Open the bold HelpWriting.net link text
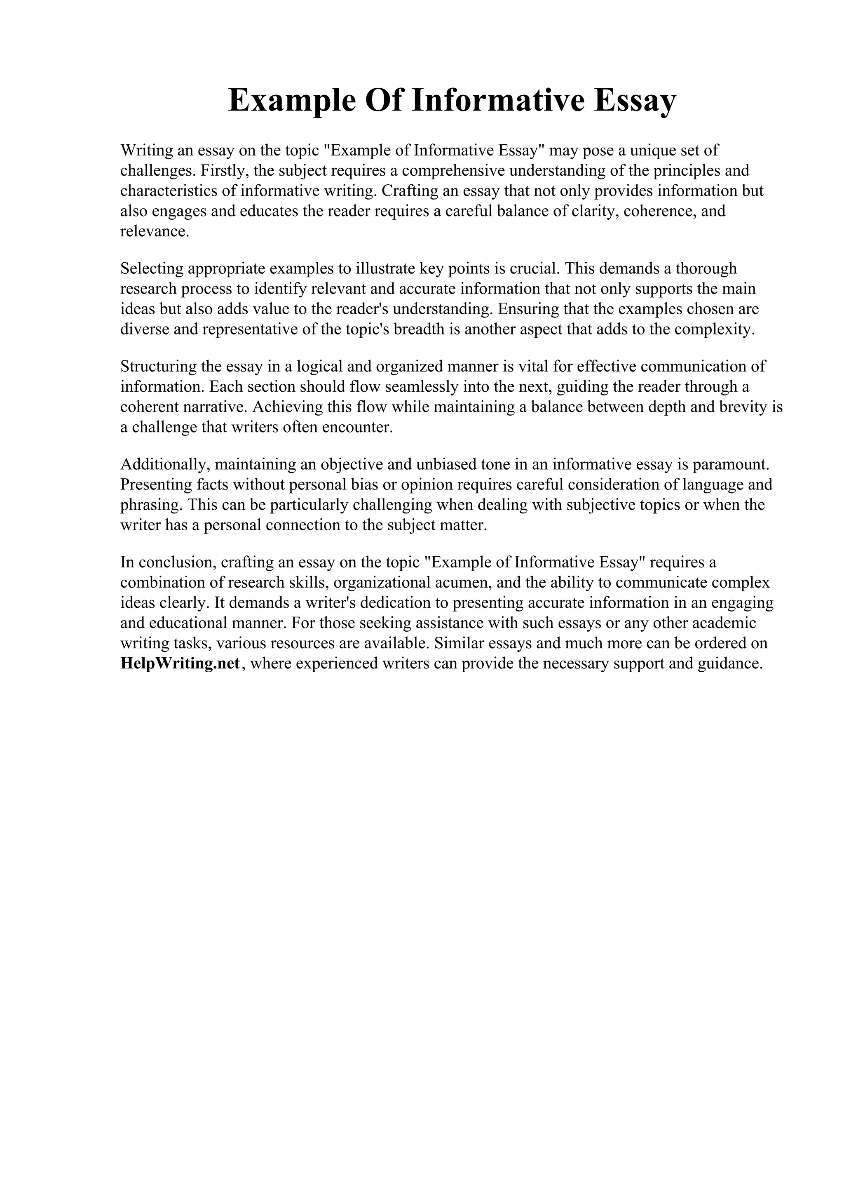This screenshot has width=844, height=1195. (x=180, y=663)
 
